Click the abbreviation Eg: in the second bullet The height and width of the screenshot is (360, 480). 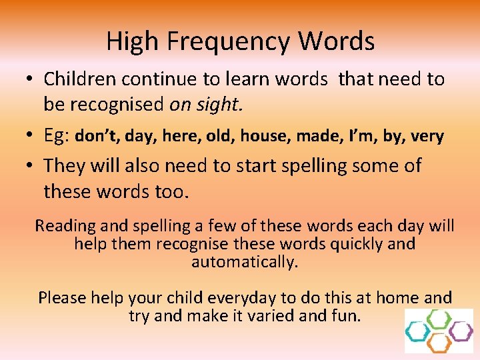coord(57,136)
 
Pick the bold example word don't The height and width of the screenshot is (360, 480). coord(97,137)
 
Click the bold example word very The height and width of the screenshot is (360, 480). coord(427,137)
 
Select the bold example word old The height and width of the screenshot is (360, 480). coord(219,137)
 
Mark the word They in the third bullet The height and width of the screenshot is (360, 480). coord(65,166)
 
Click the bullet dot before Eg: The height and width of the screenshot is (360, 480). coord(31,137)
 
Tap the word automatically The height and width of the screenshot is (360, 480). coord(245,262)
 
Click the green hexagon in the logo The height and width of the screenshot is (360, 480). coord(439,318)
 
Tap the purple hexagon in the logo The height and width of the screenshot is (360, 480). coord(460,330)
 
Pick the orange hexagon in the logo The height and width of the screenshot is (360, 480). coord(439,343)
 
